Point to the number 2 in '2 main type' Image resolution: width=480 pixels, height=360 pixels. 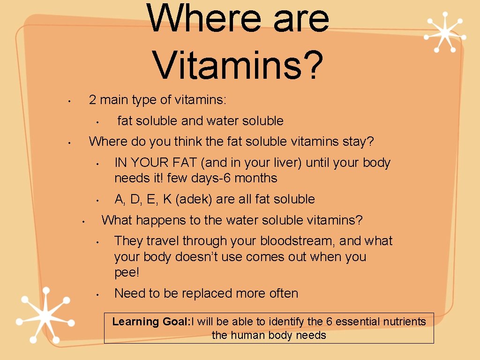pos(93,100)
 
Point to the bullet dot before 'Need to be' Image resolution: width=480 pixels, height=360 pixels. pos(96,295)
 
